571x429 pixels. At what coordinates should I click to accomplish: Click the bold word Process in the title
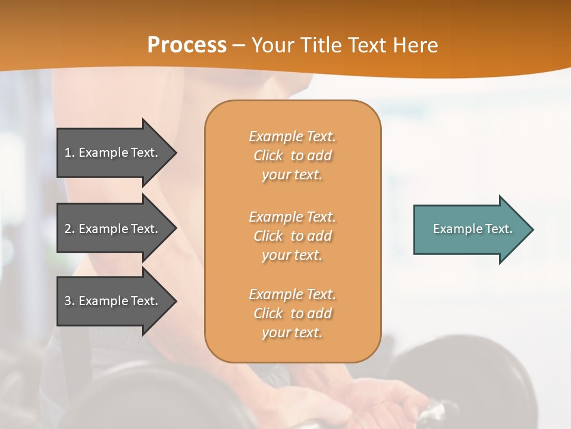pos(187,45)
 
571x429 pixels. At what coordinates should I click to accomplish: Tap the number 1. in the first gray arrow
pos(70,153)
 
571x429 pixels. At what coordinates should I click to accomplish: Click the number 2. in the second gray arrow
pos(70,229)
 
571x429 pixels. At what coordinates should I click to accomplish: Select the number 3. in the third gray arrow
pos(70,301)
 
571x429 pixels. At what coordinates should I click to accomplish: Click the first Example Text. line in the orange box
pos(292,136)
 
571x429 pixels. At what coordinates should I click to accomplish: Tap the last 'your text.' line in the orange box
pos(292,332)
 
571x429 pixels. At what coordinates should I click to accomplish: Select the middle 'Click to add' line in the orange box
pos(292,236)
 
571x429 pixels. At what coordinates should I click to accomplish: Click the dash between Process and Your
pos(239,45)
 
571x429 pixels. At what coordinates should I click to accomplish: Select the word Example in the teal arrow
pos(453,229)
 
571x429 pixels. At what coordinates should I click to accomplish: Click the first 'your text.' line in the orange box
pos(292,175)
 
